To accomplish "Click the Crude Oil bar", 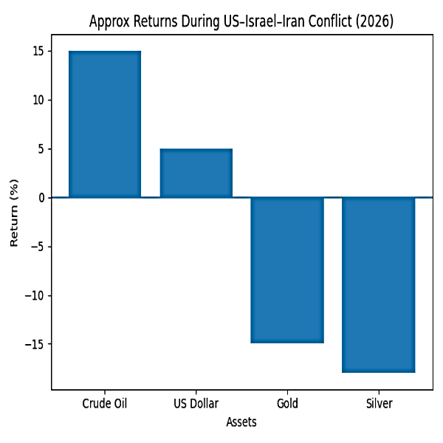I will pyautogui.click(x=105, y=124).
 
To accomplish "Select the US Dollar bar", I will pyautogui.click(x=196, y=174).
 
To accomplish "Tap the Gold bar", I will pyautogui.click(x=287, y=270).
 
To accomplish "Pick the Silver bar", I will pyautogui.click(x=379, y=285).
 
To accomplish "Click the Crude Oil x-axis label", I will pyautogui.click(x=105, y=404).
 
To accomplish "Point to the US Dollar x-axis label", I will pyautogui.click(x=196, y=404).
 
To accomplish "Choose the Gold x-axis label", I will pyautogui.click(x=287, y=404).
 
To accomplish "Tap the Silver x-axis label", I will pyautogui.click(x=379, y=404).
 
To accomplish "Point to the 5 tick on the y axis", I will pyautogui.click(x=41, y=149).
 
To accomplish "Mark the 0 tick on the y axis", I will pyautogui.click(x=41, y=198).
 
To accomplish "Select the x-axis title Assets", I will pyautogui.click(x=241, y=423).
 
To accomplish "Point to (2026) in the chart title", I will pyautogui.click(x=374, y=21).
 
